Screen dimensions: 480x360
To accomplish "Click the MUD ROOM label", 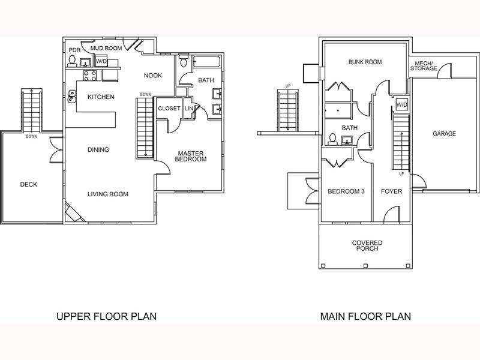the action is tap(106, 48).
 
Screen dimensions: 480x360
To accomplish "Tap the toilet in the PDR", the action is tap(72, 61).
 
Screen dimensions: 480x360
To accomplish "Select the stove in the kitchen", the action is tap(90, 76).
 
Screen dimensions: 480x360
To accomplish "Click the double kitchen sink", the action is tap(72, 96).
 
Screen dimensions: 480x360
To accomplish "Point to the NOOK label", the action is tap(153, 76).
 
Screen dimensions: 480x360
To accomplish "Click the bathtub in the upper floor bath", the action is tap(206, 62).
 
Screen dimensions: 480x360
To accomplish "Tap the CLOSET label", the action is tap(169, 109).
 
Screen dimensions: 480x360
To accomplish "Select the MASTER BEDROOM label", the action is tap(191, 156).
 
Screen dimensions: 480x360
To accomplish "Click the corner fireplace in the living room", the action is tap(74, 212).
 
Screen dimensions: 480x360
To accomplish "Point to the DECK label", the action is tap(28, 184).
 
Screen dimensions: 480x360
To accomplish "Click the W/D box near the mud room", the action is tap(101, 61).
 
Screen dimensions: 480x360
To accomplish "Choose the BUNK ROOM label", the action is tap(365, 62).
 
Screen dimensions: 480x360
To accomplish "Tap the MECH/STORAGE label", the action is tap(424, 66).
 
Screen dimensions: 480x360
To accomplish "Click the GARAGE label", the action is tap(444, 133).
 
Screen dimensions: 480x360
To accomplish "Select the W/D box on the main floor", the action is tap(402, 104).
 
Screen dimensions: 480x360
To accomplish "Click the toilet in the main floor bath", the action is tap(332, 139).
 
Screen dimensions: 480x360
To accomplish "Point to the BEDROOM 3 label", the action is tap(346, 191).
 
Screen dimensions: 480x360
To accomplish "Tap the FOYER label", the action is tap(392, 191).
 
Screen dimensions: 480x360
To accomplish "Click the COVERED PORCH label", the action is tap(367, 245).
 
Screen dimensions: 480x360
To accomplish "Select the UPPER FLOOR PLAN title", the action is tap(107, 316).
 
